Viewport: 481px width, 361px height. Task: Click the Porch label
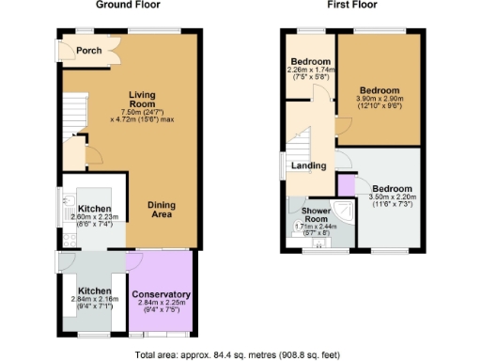89,51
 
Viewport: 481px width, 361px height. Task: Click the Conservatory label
160,294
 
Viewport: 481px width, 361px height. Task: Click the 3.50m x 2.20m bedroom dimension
393,199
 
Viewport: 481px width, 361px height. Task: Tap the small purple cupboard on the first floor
348,185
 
